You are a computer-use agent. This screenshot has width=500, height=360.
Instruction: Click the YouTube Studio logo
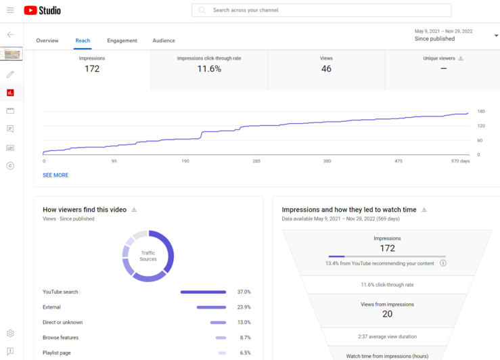point(42,10)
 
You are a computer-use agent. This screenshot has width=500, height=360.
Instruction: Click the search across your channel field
point(321,10)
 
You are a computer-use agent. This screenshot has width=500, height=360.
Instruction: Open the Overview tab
point(47,41)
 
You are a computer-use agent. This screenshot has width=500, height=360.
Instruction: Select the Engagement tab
point(122,41)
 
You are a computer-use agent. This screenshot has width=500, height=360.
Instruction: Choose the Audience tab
point(164,41)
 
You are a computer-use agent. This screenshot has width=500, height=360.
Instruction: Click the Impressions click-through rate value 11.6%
point(209,69)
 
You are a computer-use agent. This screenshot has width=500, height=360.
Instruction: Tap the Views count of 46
point(326,69)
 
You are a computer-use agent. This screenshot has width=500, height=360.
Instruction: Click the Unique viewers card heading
point(440,59)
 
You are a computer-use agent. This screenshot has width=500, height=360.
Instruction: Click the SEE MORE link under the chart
point(55,175)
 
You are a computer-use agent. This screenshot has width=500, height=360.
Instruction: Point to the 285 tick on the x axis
point(256,161)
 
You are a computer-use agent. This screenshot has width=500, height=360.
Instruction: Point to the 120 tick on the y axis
point(481,126)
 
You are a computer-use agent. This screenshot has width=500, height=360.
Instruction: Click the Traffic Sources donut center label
point(148,256)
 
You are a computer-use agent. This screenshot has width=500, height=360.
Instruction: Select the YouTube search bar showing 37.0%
point(203,292)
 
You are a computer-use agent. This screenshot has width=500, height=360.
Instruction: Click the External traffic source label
point(51,307)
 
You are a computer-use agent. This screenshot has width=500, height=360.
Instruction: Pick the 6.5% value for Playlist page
point(244,353)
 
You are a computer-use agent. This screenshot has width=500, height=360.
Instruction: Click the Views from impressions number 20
point(387,314)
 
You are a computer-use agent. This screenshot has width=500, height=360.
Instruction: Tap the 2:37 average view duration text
point(387,336)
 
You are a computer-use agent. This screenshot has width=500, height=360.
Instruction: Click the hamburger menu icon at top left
point(10,10)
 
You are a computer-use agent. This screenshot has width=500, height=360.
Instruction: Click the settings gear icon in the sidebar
point(10,334)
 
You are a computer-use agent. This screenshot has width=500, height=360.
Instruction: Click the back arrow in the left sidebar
point(10,35)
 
